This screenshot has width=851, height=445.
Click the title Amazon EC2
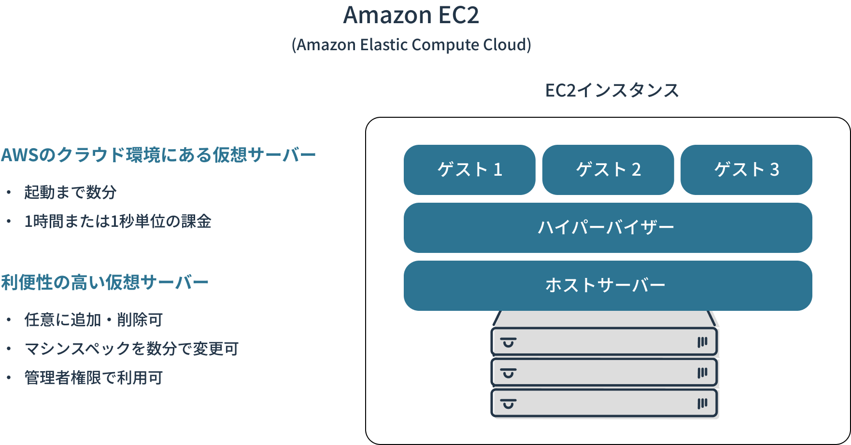411,15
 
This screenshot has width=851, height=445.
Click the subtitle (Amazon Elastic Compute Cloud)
411,45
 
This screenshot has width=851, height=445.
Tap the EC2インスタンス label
611,90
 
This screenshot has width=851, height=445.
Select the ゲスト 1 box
469,170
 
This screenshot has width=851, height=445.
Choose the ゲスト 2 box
608,170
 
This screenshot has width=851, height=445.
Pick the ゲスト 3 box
746,170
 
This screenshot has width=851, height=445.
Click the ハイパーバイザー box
608,228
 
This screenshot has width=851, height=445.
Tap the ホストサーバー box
608,286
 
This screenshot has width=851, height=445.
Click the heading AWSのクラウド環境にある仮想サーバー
158,155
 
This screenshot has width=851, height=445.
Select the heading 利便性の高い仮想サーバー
105,282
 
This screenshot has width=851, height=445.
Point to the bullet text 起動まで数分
71,192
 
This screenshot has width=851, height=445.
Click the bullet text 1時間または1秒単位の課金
118,221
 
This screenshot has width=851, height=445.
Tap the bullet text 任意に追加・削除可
94,320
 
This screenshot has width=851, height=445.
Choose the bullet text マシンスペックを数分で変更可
131,348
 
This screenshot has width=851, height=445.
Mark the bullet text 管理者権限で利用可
94,377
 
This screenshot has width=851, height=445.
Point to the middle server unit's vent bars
702,373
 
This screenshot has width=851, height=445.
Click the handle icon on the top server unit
509,343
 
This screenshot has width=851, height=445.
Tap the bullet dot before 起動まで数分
9,193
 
